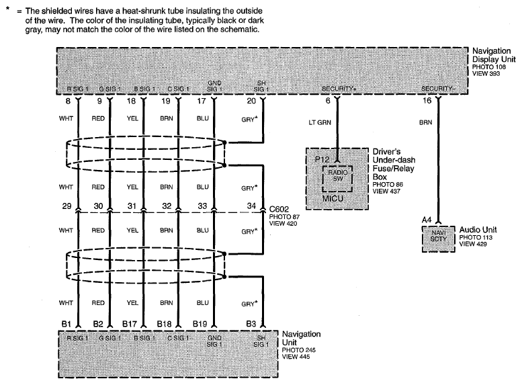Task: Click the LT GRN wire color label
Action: [x=320, y=122]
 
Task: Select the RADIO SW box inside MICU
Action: [x=337, y=179]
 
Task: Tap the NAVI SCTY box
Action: [x=439, y=239]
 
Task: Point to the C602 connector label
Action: [x=279, y=209]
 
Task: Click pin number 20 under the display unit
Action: [x=251, y=101]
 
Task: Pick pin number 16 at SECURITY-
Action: [x=427, y=100]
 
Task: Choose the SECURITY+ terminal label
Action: [x=339, y=89]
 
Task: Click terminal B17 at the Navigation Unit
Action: [x=130, y=324]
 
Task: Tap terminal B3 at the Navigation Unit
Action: [x=251, y=324]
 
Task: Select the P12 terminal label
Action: [x=322, y=159]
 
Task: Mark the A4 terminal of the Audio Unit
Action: [x=427, y=220]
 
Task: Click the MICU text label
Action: [x=333, y=198]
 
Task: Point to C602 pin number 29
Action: [x=67, y=206]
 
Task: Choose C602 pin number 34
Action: [x=251, y=206]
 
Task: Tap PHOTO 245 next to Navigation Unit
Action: [x=298, y=350]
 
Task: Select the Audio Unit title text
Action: [x=478, y=230]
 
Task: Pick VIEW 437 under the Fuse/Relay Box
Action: [x=386, y=191]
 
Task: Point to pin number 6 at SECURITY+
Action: [x=328, y=100]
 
